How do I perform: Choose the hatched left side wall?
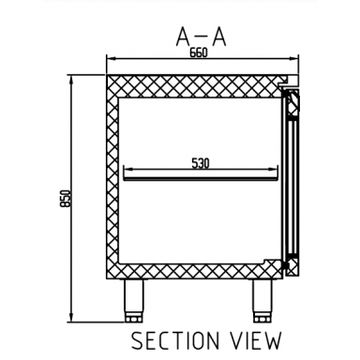tap(113, 178)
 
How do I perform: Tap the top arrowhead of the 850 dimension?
tap(71, 77)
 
